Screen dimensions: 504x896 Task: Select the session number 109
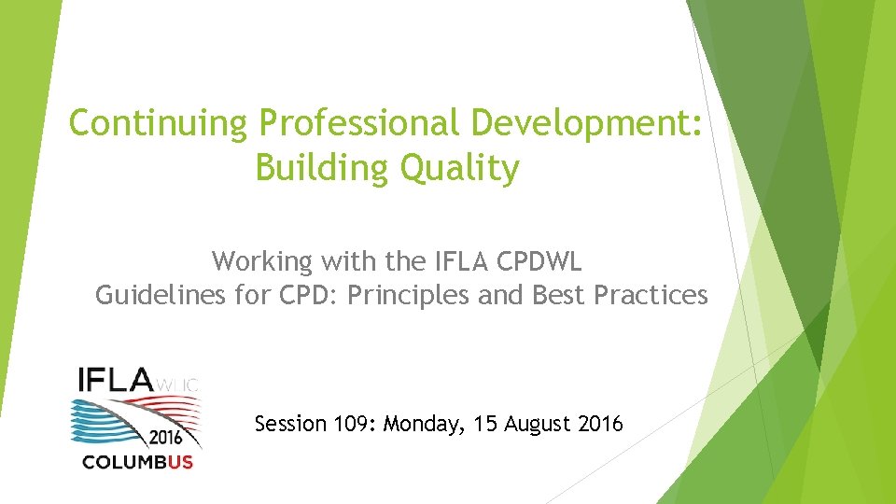tap(354, 425)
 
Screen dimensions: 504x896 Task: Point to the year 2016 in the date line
tap(600, 425)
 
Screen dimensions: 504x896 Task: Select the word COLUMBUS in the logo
tap(137, 462)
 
